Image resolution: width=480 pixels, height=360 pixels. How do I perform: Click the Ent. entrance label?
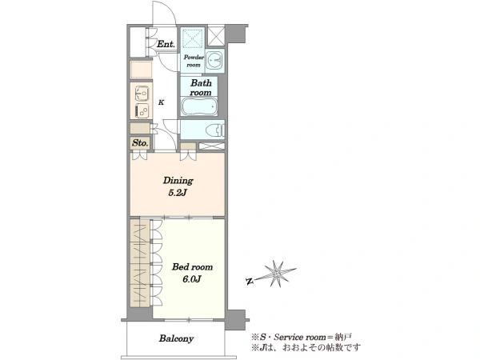click(x=166, y=44)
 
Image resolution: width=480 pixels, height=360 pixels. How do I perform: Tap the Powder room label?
click(x=194, y=61)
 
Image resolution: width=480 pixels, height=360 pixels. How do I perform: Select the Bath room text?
click(x=201, y=87)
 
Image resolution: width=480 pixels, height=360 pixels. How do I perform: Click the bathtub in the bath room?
click(x=199, y=107)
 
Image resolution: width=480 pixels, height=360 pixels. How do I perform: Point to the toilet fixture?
click(x=218, y=130)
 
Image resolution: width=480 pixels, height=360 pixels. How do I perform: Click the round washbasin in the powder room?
click(x=214, y=60)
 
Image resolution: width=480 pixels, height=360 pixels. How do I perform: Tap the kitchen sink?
click(x=142, y=93)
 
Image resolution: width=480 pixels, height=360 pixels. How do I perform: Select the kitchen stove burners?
click(x=142, y=110)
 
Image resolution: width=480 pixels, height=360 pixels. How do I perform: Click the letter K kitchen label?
click(x=161, y=102)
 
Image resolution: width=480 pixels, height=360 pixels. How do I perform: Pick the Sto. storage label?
click(x=141, y=142)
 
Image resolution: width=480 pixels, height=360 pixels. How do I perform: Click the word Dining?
click(x=178, y=181)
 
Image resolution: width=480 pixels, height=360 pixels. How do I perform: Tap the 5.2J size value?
click(x=178, y=193)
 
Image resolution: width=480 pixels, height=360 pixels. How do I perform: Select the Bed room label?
click(x=192, y=267)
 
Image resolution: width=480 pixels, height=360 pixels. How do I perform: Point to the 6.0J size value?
click(x=192, y=279)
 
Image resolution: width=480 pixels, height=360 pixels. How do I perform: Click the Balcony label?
click(x=176, y=338)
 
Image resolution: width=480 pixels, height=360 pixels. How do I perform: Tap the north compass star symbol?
click(x=277, y=274)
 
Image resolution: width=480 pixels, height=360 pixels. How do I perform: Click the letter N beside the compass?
click(x=250, y=282)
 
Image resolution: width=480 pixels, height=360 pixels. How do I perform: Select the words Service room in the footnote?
click(x=300, y=338)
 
